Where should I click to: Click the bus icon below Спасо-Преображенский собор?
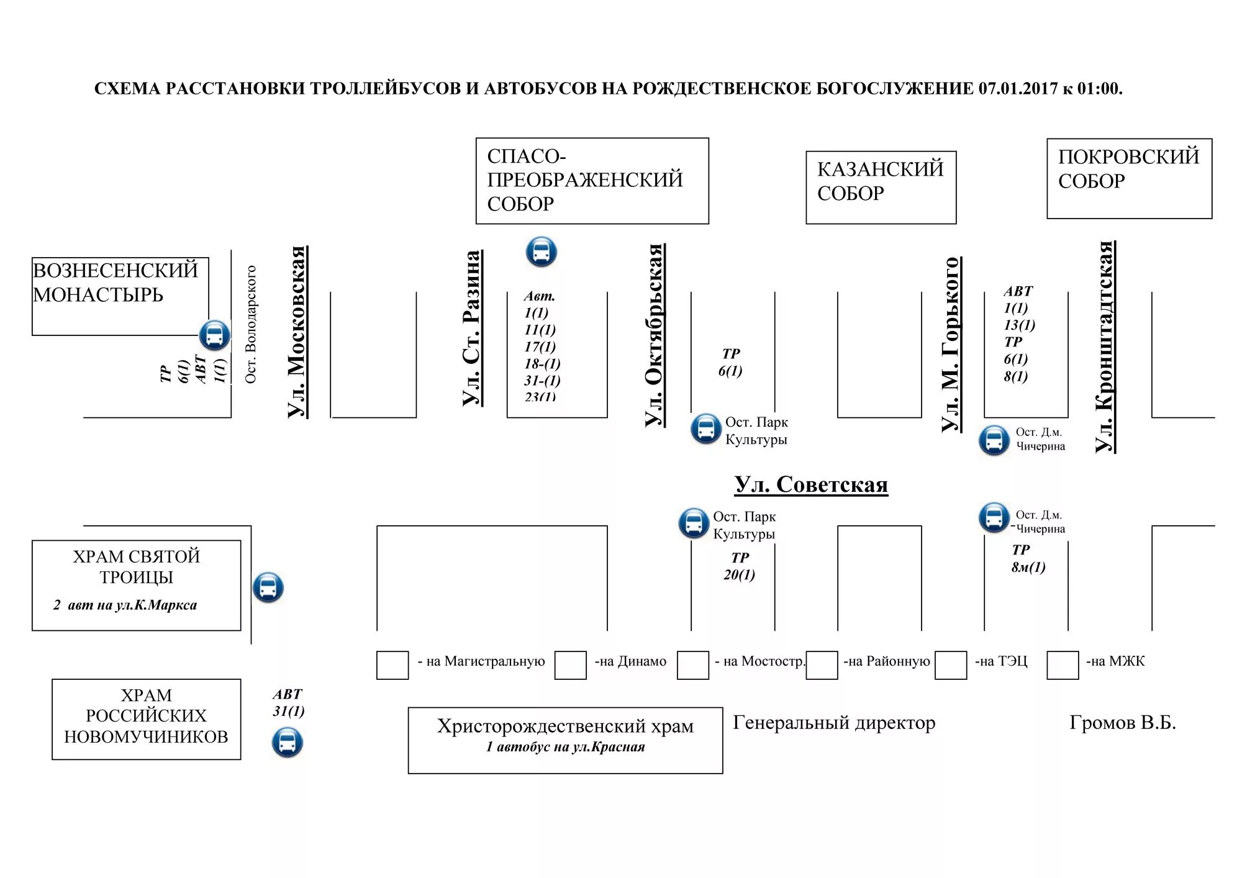pos(541,251)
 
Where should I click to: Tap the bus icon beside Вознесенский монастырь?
pos(214,335)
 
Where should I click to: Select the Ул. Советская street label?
pos(811,484)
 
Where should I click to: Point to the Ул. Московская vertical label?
pos(297,332)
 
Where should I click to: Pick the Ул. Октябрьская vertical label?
pos(655,335)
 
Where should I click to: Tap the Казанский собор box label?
pos(880,181)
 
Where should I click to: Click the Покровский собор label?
pos(1128,168)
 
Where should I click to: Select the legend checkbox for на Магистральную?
pos(392,665)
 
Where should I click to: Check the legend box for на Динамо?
pos(570,665)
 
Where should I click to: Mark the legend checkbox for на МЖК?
pos(1063,665)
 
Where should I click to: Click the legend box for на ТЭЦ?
pos(951,665)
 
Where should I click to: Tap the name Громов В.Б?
pos(1122,723)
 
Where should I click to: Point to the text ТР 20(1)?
pos(739,566)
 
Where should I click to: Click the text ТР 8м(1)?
pos(1028,559)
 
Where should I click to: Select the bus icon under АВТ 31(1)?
pos(287,742)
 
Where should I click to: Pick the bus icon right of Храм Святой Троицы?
pos(268,587)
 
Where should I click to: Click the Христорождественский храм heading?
pos(565,726)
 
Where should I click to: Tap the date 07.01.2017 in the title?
pos(1018,89)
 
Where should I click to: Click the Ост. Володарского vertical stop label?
pos(251,324)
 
